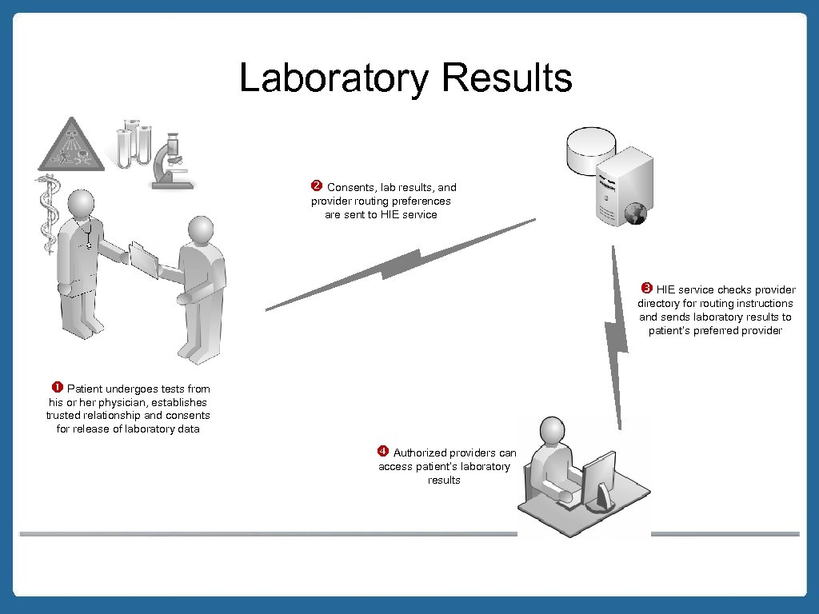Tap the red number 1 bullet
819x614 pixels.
point(58,388)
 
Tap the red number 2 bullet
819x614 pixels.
point(316,186)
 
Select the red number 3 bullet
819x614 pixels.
point(647,288)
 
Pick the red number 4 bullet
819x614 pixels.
point(383,451)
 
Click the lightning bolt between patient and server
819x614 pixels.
point(400,264)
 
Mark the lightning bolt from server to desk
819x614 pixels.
point(616,336)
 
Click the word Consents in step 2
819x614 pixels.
point(351,187)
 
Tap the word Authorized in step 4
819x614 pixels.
point(420,453)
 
